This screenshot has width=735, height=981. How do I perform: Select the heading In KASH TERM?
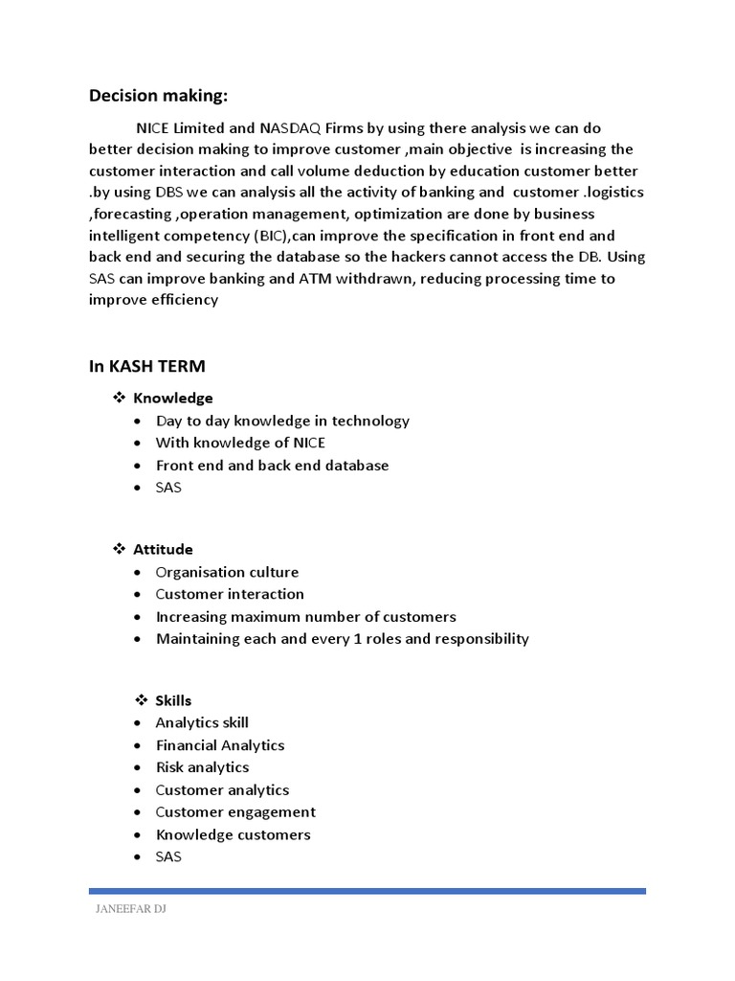[x=147, y=366]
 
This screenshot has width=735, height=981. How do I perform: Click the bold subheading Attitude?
[x=163, y=549]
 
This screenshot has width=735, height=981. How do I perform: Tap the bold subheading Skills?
[x=173, y=700]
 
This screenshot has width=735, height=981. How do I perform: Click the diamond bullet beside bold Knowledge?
[x=121, y=398]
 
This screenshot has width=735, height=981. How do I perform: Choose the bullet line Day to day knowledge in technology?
[x=282, y=421]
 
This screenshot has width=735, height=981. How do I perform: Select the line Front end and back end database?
[x=272, y=466]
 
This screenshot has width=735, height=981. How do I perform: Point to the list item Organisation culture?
[x=227, y=572]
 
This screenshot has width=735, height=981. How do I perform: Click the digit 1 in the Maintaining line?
[x=347, y=639]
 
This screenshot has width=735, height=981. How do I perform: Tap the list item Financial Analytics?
[x=219, y=745]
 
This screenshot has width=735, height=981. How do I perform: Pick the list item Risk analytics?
[x=202, y=767]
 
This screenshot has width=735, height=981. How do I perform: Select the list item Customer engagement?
[x=235, y=812]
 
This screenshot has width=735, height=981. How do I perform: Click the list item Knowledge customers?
[x=233, y=834]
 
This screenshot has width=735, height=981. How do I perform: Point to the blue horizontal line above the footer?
[x=367, y=891]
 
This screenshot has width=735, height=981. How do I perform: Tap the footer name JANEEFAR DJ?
[x=128, y=909]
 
